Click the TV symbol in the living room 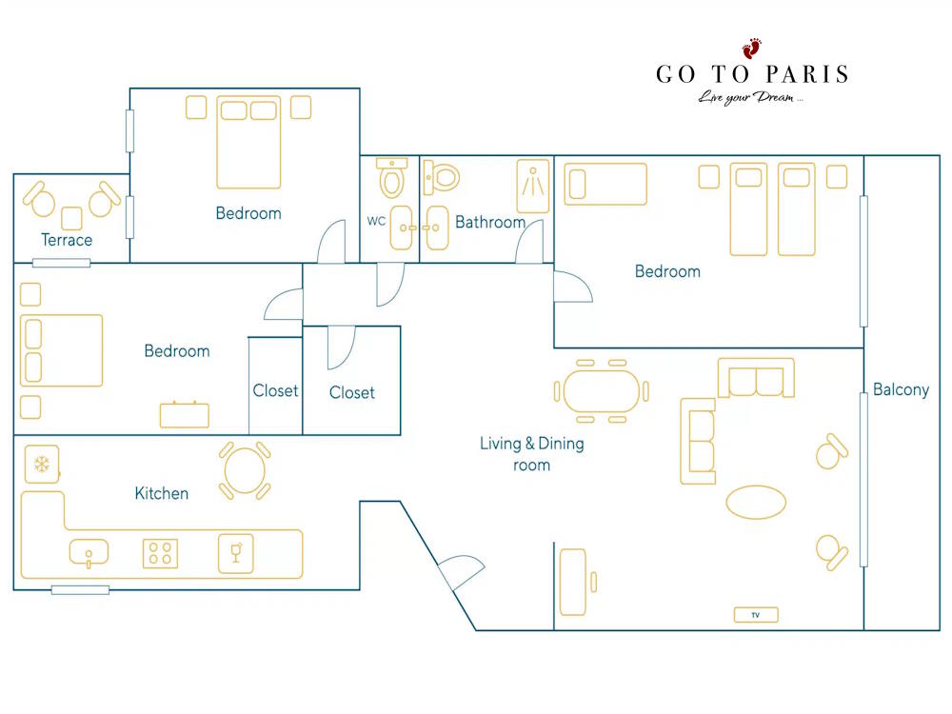[755, 615]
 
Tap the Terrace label [67, 240]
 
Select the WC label [376, 221]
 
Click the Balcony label [901, 389]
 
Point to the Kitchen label [162, 493]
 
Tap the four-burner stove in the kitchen [160, 554]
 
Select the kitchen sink [89, 553]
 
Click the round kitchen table [245, 470]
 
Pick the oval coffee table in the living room [756, 502]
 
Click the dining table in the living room [601, 391]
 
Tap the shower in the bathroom [533, 186]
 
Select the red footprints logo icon [752, 49]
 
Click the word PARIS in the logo [807, 74]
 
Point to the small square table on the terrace [71, 219]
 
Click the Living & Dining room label [532, 454]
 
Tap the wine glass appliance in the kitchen [236, 553]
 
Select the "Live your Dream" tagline [750, 98]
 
